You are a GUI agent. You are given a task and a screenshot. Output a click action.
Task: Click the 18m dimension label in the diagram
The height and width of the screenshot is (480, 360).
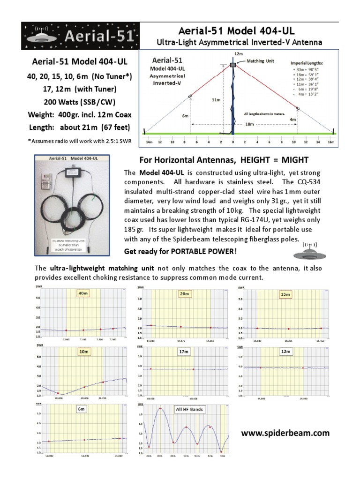point(249,124)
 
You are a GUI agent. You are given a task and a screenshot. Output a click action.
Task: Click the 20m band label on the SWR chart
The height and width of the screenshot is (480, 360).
point(184,293)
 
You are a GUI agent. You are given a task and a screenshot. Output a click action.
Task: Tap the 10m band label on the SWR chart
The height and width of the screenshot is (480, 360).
point(84,351)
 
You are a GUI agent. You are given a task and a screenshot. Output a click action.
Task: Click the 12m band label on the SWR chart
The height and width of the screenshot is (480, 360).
point(285,351)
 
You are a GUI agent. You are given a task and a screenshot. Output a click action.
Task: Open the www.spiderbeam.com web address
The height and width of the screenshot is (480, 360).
point(285,434)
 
